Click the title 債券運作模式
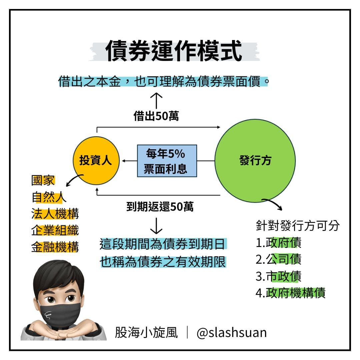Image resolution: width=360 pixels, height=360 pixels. click(174, 51)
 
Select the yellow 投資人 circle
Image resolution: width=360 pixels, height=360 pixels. click(96, 160)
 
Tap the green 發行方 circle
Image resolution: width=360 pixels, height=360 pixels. click(255, 161)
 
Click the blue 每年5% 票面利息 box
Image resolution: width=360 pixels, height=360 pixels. click(167, 161)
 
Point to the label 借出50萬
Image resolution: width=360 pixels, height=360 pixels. click(156, 116)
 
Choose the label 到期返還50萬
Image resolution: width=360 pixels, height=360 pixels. click(160, 207)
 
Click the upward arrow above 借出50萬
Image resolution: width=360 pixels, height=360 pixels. click(156, 101)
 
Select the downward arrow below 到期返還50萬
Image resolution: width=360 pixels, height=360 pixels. click(156, 226)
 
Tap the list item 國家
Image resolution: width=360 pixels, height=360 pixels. click(43, 180)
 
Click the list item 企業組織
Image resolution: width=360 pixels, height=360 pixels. click(55, 230)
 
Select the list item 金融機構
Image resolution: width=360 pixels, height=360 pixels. click(55, 247)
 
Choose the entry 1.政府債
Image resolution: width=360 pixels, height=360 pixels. click(278, 243)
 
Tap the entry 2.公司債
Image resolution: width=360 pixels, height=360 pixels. click(278, 259)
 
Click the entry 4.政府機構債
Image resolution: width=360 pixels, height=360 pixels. click(291, 293)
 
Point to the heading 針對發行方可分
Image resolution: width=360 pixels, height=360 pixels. click(298, 225)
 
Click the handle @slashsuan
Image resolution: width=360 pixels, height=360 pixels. click(232, 333)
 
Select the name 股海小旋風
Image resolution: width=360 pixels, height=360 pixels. click(146, 333)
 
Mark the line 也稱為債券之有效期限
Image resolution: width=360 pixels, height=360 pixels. click(163, 262)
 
